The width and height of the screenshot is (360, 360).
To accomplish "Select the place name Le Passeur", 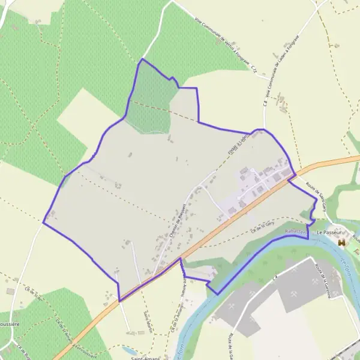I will coord(328,232).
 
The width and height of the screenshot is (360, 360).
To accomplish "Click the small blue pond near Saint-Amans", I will coord(128,349).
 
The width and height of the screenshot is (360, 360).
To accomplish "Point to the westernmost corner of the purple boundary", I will coord(43,223).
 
